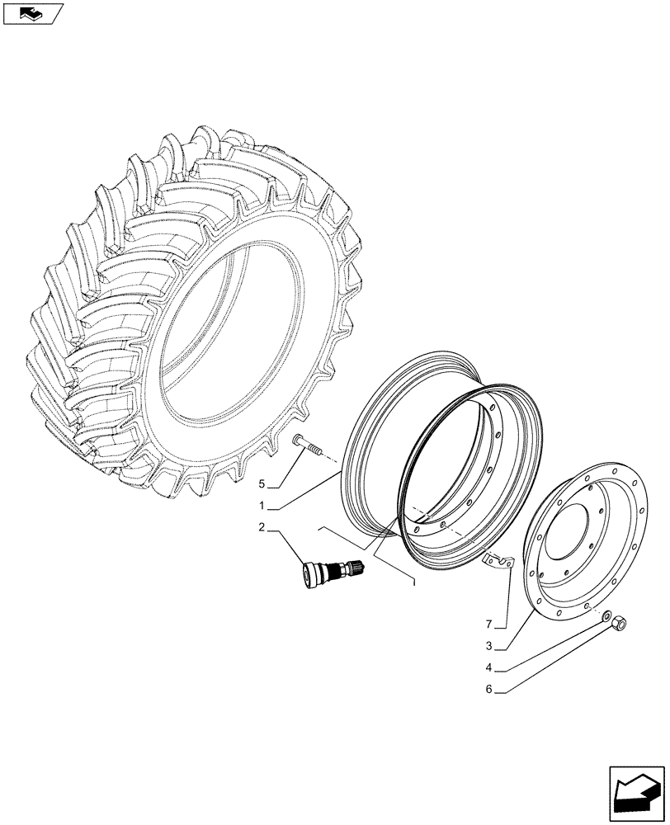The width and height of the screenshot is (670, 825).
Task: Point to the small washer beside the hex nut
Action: point(606,615)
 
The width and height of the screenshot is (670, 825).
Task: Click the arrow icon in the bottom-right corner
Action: point(635,792)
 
